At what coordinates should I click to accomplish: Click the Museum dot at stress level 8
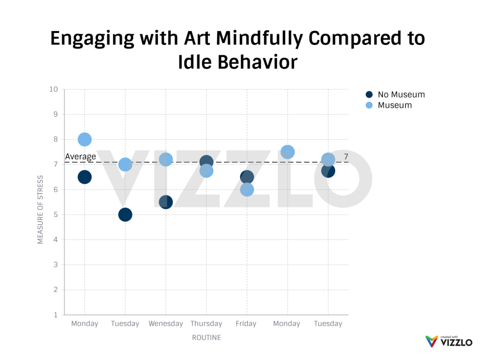point(84,139)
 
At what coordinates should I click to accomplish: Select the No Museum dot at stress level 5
point(125,215)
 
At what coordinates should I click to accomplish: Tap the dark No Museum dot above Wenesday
point(165,202)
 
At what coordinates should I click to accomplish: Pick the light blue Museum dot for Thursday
point(206,171)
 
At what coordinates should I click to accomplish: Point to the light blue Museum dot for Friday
point(247,189)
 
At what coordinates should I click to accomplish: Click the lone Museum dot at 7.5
point(287,152)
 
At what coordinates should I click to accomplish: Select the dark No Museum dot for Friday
point(247,176)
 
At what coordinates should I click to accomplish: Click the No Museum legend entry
point(401,94)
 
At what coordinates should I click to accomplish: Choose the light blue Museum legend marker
point(369,105)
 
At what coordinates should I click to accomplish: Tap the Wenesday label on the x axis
point(165,323)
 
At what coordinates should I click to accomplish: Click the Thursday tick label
point(206,323)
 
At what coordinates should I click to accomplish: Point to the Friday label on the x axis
point(246,323)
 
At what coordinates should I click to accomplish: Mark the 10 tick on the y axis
point(54,89)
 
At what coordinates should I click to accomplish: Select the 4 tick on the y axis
point(55,240)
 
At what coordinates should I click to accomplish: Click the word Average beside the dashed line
point(81,157)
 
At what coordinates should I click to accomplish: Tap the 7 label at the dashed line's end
point(345,157)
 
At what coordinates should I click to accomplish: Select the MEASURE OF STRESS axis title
point(40,210)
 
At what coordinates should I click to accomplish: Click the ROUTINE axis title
point(206,337)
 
